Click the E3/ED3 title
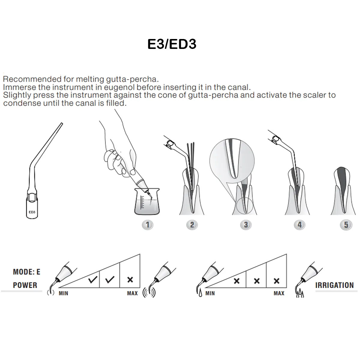(x=172, y=44)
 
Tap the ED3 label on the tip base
(x=32, y=212)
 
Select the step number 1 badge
(x=147, y=225)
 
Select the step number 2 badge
(x=192, y=225)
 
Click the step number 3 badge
(x=246, y=225)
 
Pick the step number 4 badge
(x=299, y=225)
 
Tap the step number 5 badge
(x=346, y=225)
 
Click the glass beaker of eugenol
(x=147, y=202)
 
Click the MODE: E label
(x=26, y=272)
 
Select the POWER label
(x=25, y=285)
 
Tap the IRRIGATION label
(x=334, y=285)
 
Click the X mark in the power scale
(x=130, y=280)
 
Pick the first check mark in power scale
(x=93, y=280)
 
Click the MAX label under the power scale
(x=132, y=293)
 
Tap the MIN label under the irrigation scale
(x=210, y=293)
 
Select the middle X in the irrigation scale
(x=256, y=281)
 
